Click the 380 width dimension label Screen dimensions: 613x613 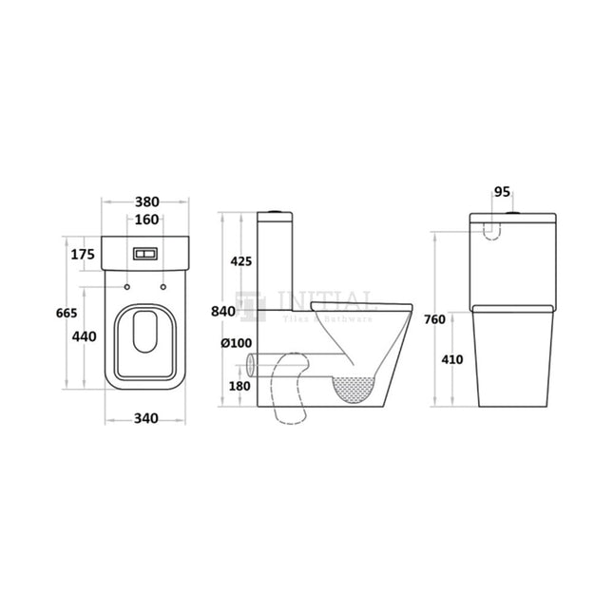click(x=146, y=201)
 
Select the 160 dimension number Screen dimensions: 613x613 click(x=146, y=220)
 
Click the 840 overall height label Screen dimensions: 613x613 click(x=223, y=312)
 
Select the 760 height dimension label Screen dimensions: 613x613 click(x=434, y=319)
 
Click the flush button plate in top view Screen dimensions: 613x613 click(x=146, y=255)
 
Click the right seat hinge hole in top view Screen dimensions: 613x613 click(x=164, y=285)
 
